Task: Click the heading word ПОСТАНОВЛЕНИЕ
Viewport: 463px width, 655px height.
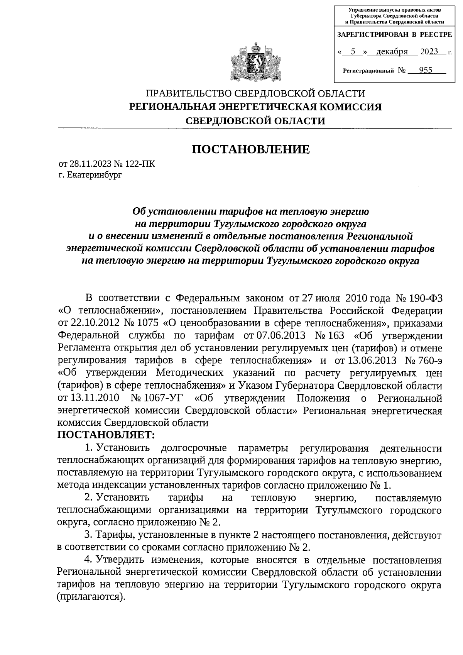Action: [x=251, y=149]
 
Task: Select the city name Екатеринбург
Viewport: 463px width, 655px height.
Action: [x=94, y=175]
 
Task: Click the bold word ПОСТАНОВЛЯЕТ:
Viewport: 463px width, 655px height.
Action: [x=106, y=435]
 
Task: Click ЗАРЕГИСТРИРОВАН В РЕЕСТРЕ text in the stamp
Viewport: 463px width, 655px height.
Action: [x=394, y=34]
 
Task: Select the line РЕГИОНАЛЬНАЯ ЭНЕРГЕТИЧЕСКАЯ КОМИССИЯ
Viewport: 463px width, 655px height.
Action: [x=255, y=107]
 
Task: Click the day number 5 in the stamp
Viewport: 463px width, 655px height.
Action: [x=353, y=52]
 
